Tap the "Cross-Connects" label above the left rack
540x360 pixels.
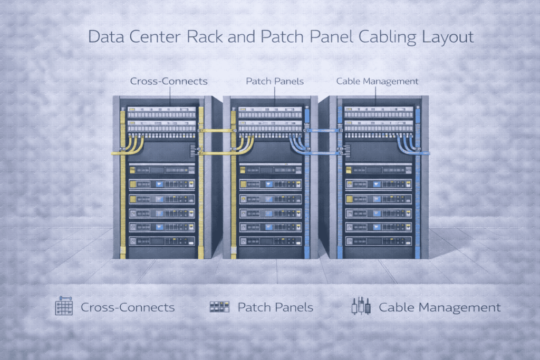tap(169, 81)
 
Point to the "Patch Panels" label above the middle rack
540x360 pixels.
tap(274, 81)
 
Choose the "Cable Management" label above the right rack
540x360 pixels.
tap(377, 81)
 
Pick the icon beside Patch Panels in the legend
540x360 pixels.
tap(219, 307)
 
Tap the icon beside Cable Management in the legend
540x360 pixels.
tap(361, 306)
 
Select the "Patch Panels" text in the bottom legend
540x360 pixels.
tap(275, 307)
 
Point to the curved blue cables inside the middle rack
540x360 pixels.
tap(298, 144)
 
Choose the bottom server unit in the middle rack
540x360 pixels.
tap(270, 240)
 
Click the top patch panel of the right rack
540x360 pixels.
tap(378, 112)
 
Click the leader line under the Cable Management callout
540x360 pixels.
tap(376, 94)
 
